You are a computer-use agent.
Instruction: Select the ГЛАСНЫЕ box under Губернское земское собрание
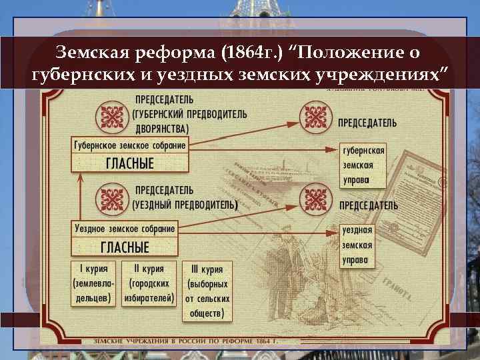click(x=131, y=163)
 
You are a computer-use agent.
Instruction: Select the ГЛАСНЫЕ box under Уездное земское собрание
click(x=125, y=247)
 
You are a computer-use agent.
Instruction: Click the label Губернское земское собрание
click(x=129, y=145)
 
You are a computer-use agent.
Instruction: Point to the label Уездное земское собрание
click(x=125, y=229)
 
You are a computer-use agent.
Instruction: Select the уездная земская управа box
click(x=358, y=245)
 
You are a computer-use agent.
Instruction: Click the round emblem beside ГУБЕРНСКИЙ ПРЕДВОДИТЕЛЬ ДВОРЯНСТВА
click(x=111, y=118)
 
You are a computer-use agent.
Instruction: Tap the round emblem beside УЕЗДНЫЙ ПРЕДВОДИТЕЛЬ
click(x=111, y=198)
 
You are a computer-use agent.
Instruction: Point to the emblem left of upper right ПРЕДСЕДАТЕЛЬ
click(x=315, y=118)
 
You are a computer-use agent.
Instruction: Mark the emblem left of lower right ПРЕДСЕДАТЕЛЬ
click(x=315, y=198)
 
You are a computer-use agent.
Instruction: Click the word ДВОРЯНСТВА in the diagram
click(x=161, y=128)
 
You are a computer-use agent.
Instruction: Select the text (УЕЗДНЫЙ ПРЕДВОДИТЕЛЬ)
click(x=185, y=204)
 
